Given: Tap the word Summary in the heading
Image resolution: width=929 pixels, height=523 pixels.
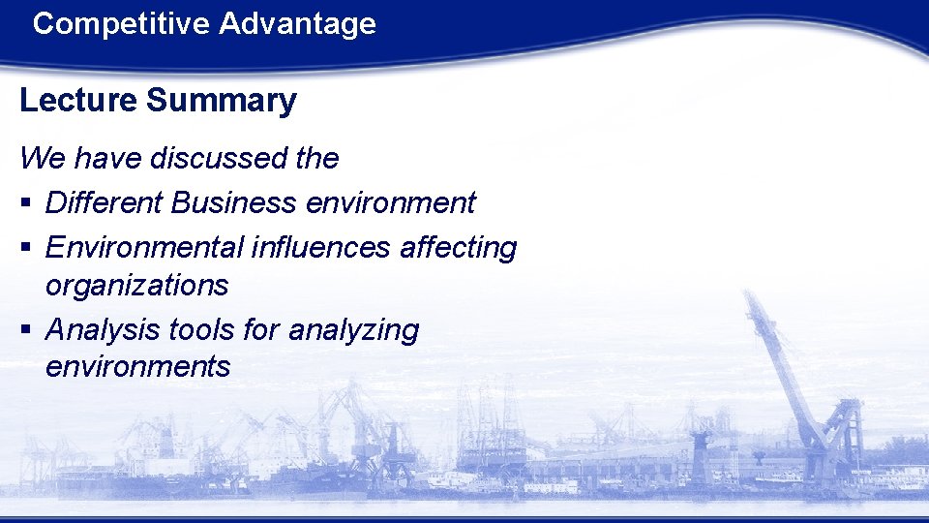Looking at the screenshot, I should [x=222, y=101].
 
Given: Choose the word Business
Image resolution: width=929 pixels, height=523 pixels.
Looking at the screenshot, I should [x=233, y=202].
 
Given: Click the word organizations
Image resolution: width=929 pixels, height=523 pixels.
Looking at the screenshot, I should [x=136, y=285].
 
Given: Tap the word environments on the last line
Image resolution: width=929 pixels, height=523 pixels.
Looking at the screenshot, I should [x=137, y=367].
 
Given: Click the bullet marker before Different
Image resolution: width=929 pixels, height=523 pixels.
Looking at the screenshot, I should [x=25, y=204].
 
